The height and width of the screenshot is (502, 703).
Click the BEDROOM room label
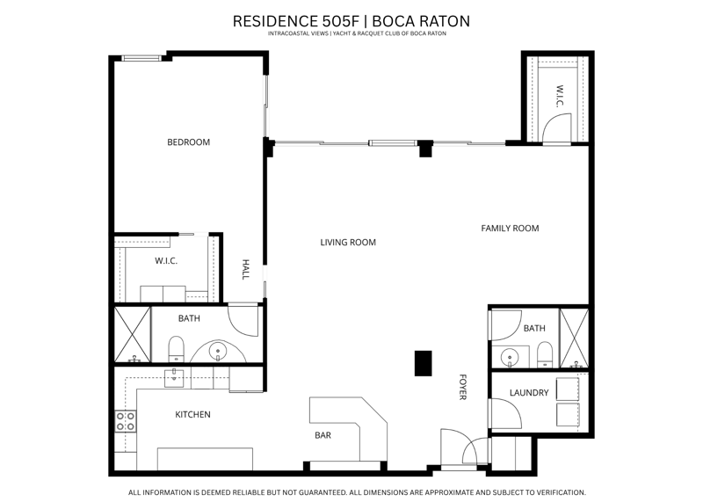[188, 142]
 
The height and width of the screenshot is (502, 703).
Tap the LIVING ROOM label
[348, 243]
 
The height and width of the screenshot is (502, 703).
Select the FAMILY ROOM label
[510, 229]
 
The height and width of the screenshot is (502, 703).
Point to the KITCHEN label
[192, 414]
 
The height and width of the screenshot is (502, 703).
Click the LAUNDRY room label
[529, 393]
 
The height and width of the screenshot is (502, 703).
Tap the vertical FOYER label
[463, 387]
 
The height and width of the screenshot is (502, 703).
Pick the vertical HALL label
[245, 269]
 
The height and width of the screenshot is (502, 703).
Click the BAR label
[323, 435]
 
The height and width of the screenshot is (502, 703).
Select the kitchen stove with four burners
[126, 421]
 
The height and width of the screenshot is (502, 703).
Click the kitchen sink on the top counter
[174, 378]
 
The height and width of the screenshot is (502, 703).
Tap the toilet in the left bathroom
[177, 349]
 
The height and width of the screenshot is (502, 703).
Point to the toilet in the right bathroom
[545, 355]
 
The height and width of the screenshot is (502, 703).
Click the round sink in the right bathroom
[510, 358]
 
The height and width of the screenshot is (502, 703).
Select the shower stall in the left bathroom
[133, 335]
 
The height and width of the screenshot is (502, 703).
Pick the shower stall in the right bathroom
[574, 338]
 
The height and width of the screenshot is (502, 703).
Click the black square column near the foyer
[423, 363]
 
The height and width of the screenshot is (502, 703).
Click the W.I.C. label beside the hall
[166, 260]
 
